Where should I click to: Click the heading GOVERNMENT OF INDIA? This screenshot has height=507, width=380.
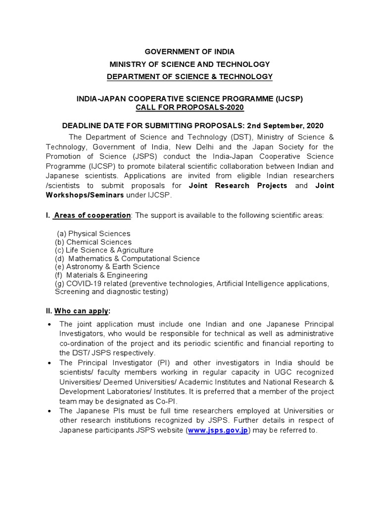pos(190,51)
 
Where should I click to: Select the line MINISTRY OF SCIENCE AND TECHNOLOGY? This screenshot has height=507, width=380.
pos(190,64)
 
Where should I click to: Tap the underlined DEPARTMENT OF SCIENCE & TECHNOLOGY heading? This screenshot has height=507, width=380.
pos(190,76)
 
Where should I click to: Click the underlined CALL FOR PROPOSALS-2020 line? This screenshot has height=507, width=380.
pos(190,107)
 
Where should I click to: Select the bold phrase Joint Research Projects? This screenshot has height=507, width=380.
pos(238,185)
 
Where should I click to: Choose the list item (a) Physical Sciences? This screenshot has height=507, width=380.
pos(94,233)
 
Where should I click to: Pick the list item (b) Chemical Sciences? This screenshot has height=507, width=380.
pos(93,242)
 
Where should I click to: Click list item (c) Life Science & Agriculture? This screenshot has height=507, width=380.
pos(104,250)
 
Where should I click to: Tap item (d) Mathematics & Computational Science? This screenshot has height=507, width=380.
pos(127,258)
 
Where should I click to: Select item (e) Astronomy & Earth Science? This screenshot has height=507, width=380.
pos(107,267)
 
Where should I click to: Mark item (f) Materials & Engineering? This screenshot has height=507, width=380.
pos(101,275)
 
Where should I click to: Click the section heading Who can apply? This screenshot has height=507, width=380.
pos(82,310)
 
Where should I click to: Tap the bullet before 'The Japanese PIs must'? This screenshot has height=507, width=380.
pos(49,411)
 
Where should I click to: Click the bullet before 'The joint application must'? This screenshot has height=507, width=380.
pos(49,324)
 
